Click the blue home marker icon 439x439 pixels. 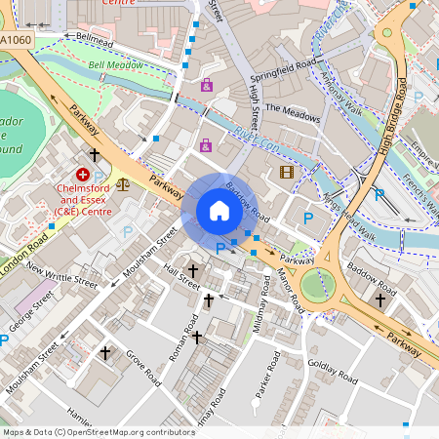[219, 211]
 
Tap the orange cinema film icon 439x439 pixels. [286, 173]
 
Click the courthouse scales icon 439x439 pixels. [122, 181]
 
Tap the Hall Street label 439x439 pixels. [182, 276]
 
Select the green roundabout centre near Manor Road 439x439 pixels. [317, 285]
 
